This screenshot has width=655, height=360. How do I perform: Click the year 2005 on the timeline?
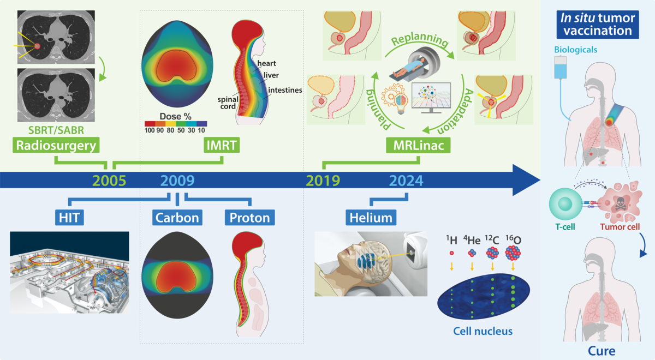tap(109, 181)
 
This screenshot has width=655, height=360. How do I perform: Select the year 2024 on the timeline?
tap(406, 181)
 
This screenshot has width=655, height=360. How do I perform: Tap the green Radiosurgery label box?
tap(56, 145)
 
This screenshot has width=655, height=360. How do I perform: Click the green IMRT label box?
tap(222, 145)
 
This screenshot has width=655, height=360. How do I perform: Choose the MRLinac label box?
tap(418, 145)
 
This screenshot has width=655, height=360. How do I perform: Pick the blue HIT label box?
tap(69, 218)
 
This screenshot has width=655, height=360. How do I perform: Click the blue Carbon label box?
tap(177, 218)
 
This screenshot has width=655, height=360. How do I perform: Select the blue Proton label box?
tap(250, 218)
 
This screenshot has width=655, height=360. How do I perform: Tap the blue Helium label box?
tap(371, 218)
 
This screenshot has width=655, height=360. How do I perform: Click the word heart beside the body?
tap(266, 63)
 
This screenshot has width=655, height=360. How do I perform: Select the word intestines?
tap(285, 90)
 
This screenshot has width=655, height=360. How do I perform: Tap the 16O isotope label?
tap(513, 240)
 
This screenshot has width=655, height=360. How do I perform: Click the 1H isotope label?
tap(451, 240)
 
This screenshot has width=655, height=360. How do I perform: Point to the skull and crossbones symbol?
tap(620, 203)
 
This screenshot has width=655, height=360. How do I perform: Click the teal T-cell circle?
tap(564, 204)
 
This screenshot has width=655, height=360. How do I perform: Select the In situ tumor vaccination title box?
tap(597, 25)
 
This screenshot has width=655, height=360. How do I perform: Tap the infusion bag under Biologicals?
tap(560, 68)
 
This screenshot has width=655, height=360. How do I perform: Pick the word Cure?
tap(602, 351)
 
